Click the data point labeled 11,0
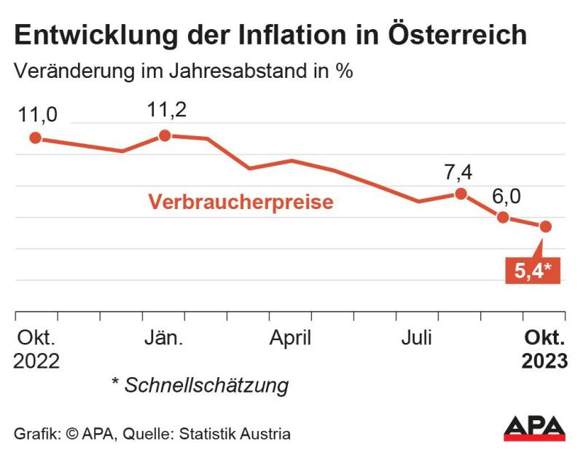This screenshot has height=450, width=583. tap(34, 138)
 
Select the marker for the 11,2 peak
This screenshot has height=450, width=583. tap(165, 135)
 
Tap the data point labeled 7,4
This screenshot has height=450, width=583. tap(461, 193)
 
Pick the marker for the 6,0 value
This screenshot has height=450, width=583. tap(503, 217)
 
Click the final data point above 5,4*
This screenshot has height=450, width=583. tap(545, 226)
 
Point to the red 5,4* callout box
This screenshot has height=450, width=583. tap(533, 271)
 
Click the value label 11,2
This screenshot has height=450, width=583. tap(166, 110)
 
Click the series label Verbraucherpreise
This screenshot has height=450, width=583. tap(241, 202)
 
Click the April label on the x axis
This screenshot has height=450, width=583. tap(291, 339)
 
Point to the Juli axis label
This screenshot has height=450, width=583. tap(416, 339)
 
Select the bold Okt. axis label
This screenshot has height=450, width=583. tap(545, 339)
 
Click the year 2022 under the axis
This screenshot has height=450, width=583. tap(36, 362)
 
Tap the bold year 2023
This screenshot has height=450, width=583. tap(544, 362)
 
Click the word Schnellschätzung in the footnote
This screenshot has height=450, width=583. tap(206, 385)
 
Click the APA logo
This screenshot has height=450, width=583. tap(534, 428)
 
